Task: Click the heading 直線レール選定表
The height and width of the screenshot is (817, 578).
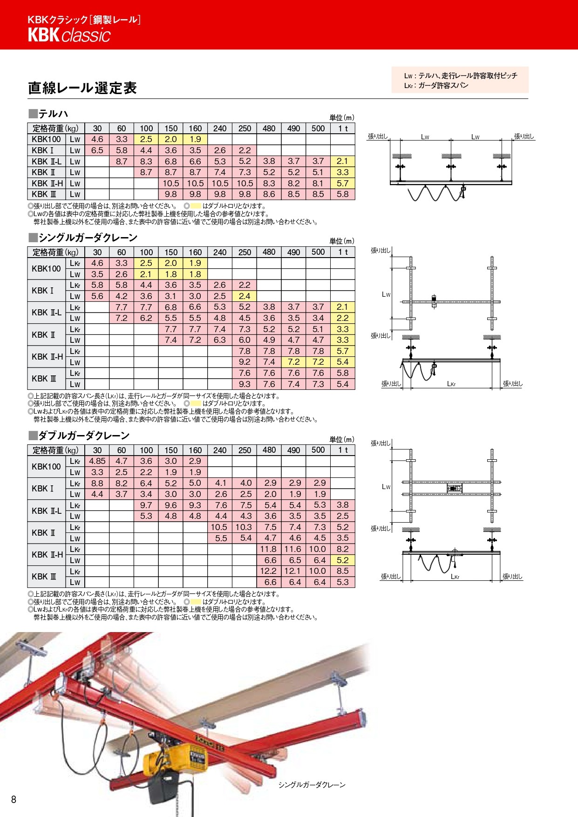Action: [x=82, y=88]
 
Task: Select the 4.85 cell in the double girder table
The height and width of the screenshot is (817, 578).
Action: [x=97, y=461]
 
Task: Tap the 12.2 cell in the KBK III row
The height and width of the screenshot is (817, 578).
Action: [x=268, y=571]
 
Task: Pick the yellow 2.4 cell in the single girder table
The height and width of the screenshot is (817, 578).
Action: [x=245, y=296]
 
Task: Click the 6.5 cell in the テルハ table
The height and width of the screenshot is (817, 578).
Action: [x=97, y=150]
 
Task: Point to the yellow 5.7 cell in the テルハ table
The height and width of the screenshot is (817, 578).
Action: [x=342, y=184]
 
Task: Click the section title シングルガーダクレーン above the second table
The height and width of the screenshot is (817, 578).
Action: [x=88, y=238]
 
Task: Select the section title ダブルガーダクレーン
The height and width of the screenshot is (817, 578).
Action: [x=84, y=436]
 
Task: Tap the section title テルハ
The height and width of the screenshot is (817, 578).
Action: [x=53, y=114]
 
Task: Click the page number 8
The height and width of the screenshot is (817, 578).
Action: [x=14, y=799]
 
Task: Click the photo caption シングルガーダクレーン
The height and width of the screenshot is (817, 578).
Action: [x=312, y=785]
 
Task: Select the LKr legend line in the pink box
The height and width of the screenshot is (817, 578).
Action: [x=436, y=86]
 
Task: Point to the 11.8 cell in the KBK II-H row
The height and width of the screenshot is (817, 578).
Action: [x=268, y=549]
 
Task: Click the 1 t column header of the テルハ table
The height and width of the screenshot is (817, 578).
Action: [x=343, y=129]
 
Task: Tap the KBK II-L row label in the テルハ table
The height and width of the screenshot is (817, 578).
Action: [x=47, y=162]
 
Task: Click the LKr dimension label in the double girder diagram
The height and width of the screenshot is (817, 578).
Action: [x=455, y=577]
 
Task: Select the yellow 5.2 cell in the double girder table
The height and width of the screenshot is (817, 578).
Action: [x=342, y=560]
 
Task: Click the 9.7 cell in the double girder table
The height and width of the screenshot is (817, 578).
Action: [x=146, y=505]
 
